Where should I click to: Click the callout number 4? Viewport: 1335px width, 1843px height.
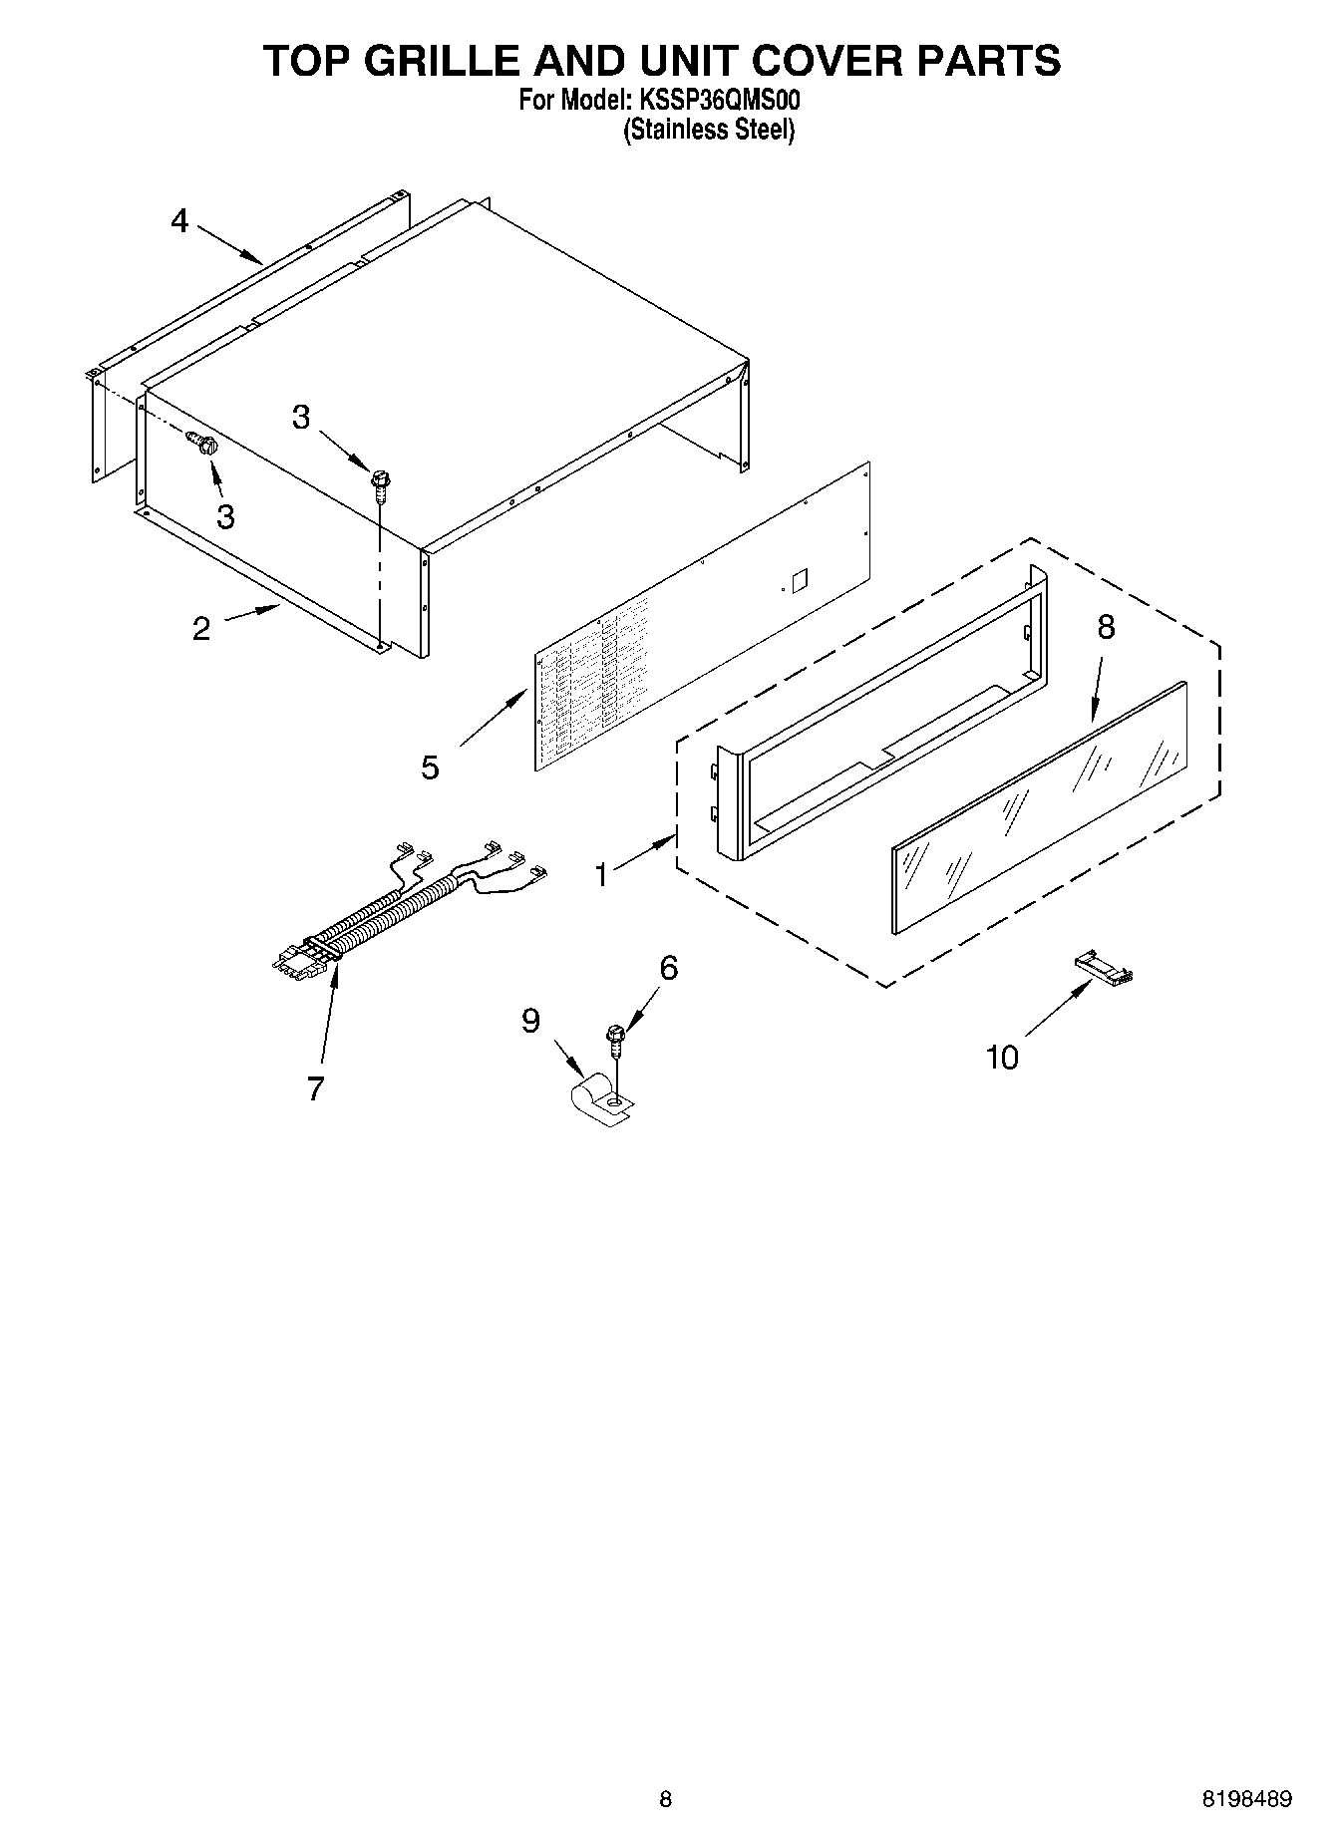[179, 220]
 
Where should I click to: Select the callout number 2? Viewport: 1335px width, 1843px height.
[201, 629]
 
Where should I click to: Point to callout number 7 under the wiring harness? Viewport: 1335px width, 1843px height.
[316, 1089]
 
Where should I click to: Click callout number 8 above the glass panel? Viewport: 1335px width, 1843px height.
[1106, 627]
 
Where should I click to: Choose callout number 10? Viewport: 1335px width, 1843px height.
[1002, 1057]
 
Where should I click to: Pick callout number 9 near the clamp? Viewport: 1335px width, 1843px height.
[530, 1020]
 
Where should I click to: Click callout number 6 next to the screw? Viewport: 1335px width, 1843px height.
[669, 966]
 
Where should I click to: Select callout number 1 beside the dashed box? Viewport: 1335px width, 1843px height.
[601, 874]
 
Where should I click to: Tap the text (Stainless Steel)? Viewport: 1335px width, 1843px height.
[709, 130]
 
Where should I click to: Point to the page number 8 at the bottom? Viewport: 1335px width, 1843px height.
[666, 1770]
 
